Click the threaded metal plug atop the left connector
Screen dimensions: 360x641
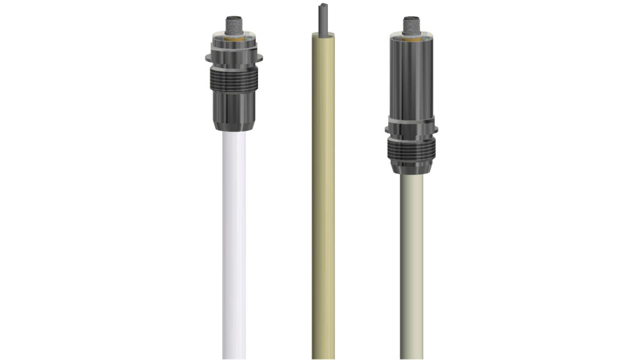(x=233, y=27)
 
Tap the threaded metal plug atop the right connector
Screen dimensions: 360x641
(x=411, y=27)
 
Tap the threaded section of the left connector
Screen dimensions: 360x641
(x=233, y=77)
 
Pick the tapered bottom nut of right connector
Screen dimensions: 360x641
(x=411, y=168)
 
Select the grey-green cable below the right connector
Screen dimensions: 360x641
(x=411, y=263)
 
